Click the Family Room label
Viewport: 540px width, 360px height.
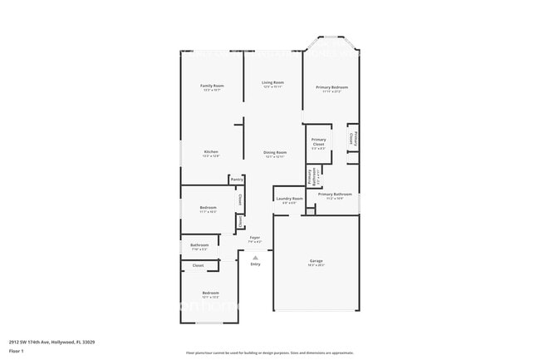(212, 86)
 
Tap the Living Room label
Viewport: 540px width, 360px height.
(272, 82)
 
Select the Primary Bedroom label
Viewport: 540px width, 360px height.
(331, 87)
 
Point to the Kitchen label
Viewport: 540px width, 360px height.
(212, 151)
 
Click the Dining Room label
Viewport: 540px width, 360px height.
(275, 152)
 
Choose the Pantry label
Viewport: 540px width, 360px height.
(237, 179)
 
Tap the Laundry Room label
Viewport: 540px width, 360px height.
(289, 199)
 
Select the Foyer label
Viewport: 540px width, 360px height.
(255, 238)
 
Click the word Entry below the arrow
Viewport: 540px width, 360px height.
(255, 264)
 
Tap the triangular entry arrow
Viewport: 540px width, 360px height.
(255, 257)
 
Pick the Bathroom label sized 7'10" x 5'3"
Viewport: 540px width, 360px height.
(199, 244)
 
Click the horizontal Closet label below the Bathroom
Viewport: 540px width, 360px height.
(198, 265)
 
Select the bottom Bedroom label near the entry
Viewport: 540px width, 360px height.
(211, 293)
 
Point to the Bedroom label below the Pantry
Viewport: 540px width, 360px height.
(208, 207)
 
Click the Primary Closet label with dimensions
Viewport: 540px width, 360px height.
(318, 142)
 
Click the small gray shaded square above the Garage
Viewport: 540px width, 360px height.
(310, 211)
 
